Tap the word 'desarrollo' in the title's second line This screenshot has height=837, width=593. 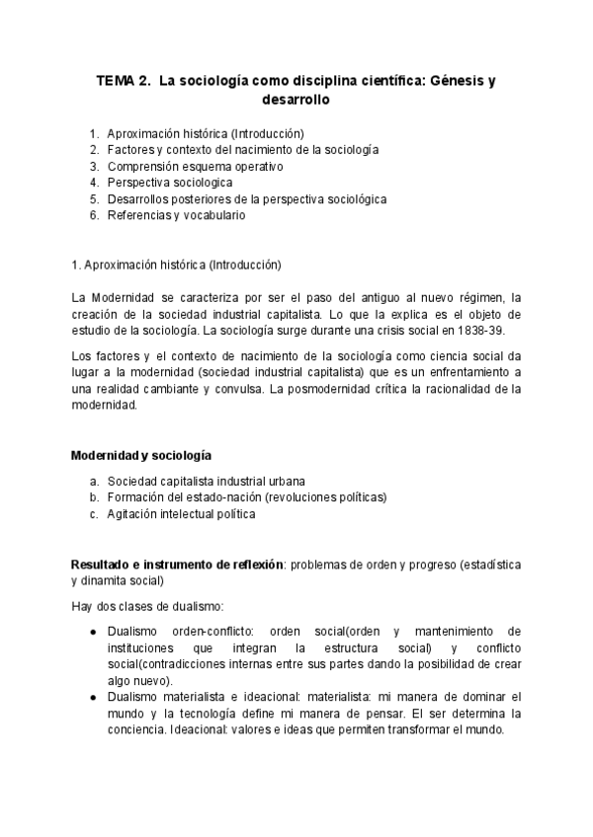(x=296, y=100)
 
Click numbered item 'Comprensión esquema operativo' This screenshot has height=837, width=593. (x=186, y=166)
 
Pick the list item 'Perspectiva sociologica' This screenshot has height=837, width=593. (x=170, y=183)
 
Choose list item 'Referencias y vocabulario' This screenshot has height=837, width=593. (x=176, y=214)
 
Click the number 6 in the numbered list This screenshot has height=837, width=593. (x=93, y=214)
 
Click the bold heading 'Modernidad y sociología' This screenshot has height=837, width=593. (x=140, y=455)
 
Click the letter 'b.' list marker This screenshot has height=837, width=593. (x=94, y=496)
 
